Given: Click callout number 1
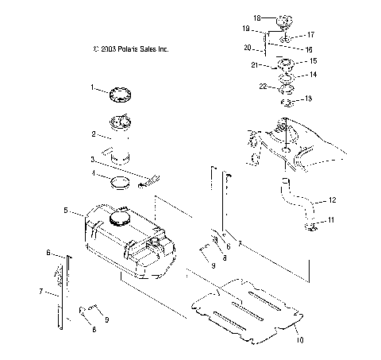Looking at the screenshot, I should coord(92,87).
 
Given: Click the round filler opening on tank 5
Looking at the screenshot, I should coord(121,216).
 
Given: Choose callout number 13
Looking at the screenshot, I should coord(310,99).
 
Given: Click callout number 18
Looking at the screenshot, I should coord(256,17).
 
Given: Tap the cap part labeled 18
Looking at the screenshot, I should coord(276,16).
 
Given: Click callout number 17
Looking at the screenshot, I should coord(311,35).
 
